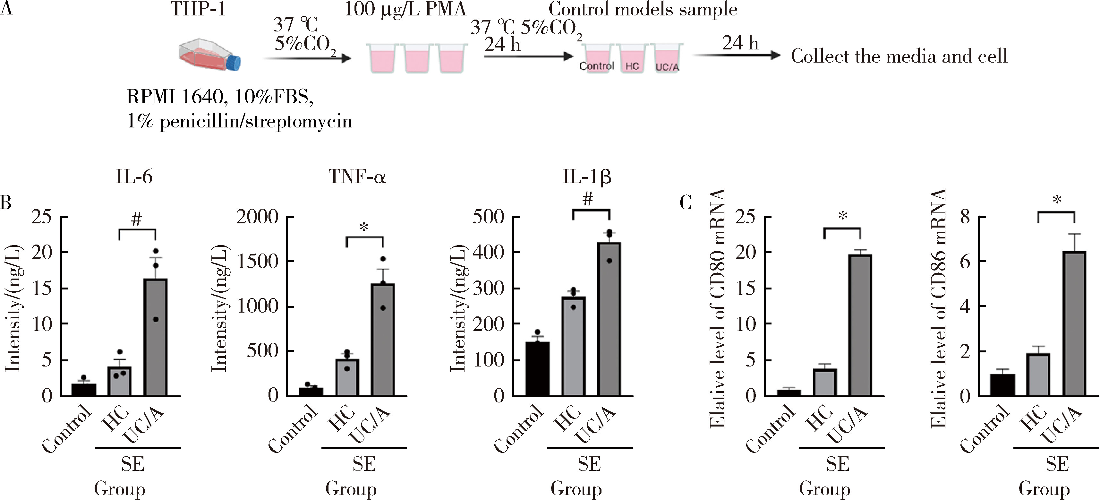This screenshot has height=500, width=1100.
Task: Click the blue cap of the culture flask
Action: pos(234,62)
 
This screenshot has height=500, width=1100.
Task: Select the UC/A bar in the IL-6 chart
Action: pos(156,338)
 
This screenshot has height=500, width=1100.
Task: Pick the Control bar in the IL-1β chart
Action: pos(538,369)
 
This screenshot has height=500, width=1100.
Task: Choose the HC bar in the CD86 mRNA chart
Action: pos(1038,375)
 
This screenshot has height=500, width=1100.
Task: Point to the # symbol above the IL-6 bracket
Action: pos(137,220)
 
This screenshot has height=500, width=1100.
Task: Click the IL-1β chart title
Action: pos(587,177)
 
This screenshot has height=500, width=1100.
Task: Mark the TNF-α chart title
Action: pos(357,177)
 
